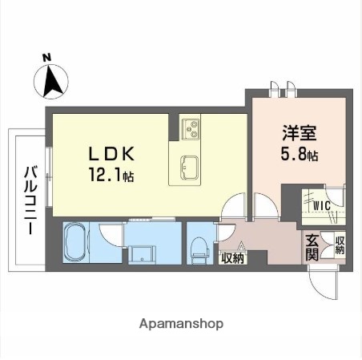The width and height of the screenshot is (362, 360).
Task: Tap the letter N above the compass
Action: click(x=46, y=57)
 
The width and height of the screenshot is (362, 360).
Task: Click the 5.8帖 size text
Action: click(x=300, y=156)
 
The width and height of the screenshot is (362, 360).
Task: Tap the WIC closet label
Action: click(x=321, y=205)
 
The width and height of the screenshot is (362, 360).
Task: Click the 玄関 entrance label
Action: click(x=312, y=248)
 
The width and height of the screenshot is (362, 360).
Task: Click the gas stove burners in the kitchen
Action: click(x=191, y=127)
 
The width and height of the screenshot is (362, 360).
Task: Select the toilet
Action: click(x=199, y=245)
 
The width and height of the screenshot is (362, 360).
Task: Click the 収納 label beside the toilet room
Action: click(x=232, y=257)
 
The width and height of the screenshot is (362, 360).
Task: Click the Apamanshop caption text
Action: click(x=181, y=324)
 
